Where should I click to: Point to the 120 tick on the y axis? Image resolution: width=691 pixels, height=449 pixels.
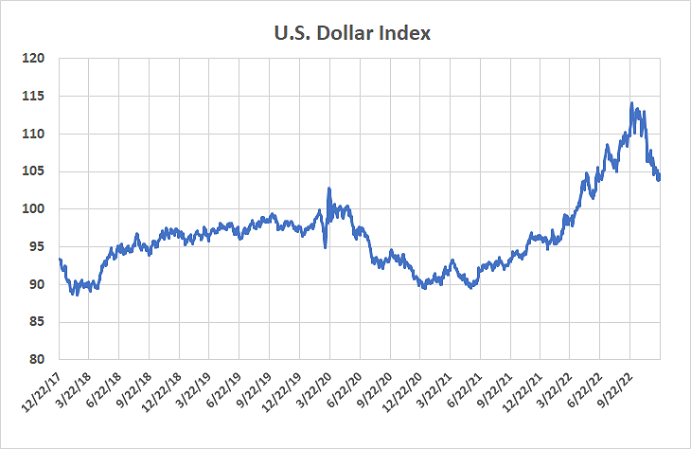click(35, 59)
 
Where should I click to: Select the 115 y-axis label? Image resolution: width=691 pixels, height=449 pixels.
click(35, 97)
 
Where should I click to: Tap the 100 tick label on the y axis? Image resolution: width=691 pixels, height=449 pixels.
click(35, 209)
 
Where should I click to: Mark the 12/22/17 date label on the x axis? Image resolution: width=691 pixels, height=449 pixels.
click(39, 391)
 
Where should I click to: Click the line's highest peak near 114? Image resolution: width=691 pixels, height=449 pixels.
click(631, 103)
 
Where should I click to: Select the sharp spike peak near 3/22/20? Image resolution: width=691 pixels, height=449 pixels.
click(328, 188)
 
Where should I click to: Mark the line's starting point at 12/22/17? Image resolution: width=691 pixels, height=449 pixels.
click(60, 259)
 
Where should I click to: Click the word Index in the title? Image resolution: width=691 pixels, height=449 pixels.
click(407, 34)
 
